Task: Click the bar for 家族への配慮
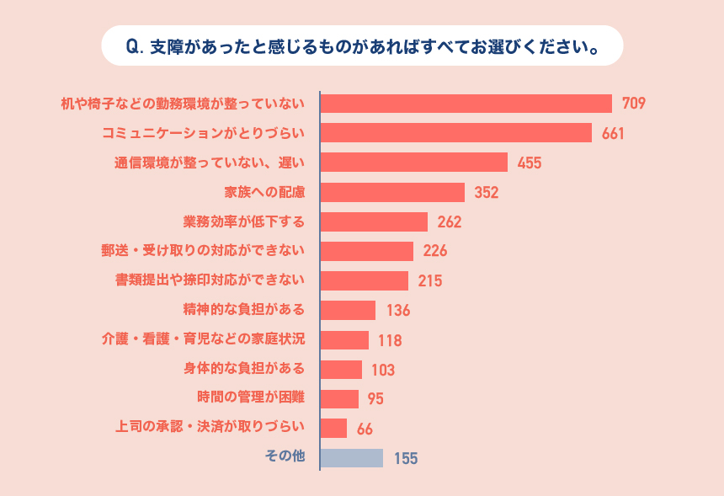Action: [392, 192]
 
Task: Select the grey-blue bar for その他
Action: [352, 457]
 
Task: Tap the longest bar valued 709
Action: [466, 104]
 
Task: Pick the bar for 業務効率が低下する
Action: [374, 221]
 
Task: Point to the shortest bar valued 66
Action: [333, 428]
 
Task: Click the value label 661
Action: [613, 134]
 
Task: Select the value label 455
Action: [530, 163]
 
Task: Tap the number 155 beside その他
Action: [406, 458]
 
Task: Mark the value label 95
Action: [376, 399]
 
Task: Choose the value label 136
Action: [398, 310]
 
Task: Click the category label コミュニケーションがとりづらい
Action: [203, 133]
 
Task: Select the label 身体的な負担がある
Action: [244, 368]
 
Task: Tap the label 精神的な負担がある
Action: [244, 309]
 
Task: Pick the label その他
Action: [285, 456]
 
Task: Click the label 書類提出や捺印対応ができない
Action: [210, 280]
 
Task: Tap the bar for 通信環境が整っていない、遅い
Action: [413, 163]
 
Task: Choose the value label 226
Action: [435, 251]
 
